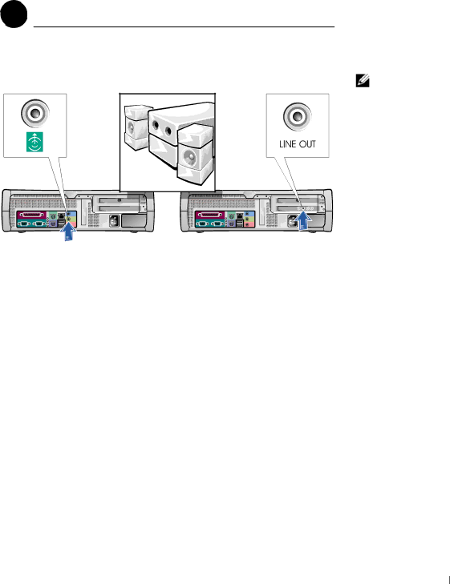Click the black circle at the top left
pos(14,14)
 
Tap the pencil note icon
pos(363,81)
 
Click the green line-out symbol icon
pos(34,142)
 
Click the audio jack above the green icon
pos(35,113)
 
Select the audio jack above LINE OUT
pos(298,116)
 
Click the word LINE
pos(287,144)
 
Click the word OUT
pos(307,144)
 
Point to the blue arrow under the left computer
pos(68,232)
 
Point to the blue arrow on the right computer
pos(304,221)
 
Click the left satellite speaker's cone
pos(131,127)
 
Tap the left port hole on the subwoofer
pos(156,124)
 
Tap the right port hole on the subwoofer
pos(168,131)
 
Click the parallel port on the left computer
pos(32,215)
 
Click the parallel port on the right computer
pos(210,215)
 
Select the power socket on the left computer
pos(114,222)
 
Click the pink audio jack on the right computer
pos(247,224)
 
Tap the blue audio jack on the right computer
pos(247,215)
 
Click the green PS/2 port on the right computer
pos(231,215)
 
